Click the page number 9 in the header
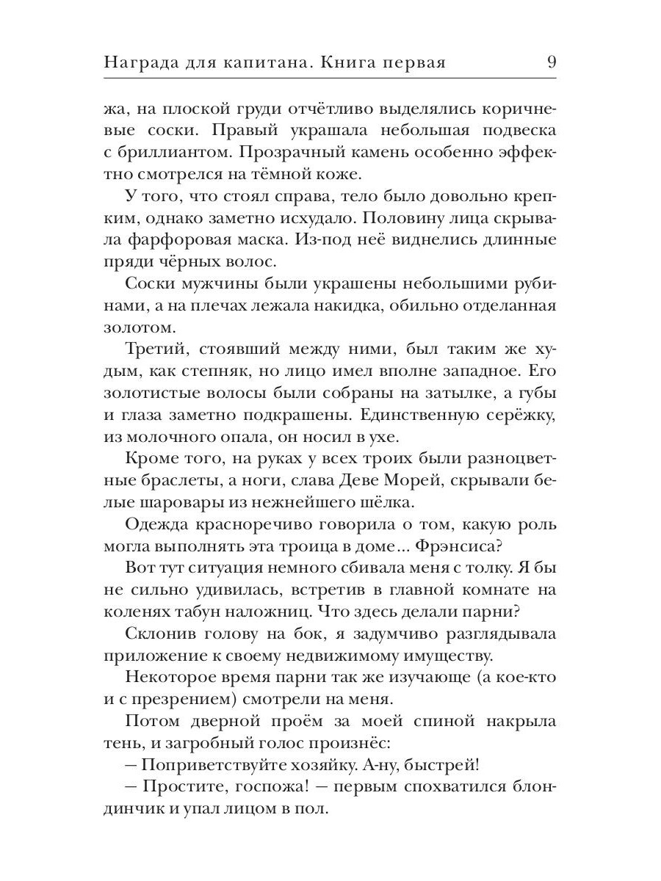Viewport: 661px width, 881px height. pyautogui.click(x=551, y=62)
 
